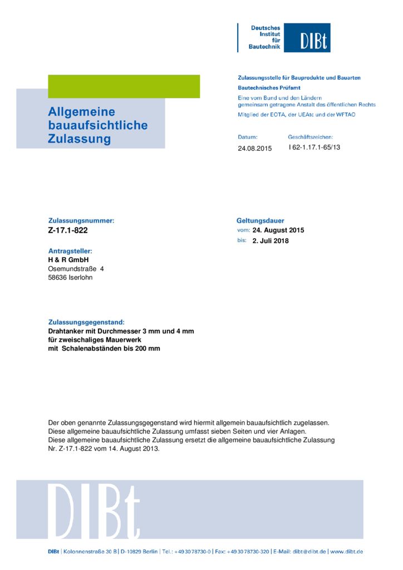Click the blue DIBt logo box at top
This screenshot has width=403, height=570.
coord(307,38)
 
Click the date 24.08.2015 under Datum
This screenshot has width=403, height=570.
coord(255,149)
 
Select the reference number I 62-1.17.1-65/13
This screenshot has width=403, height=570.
coord(314,148)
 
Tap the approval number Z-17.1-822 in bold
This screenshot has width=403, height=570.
coord(68,230)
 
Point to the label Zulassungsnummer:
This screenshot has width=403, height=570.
coord(81,220)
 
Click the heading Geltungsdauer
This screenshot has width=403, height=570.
coord(261,220)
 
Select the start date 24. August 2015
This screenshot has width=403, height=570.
coord(278,230)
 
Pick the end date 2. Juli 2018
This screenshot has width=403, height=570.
coord(271,241)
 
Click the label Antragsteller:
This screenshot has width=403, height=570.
coord(70,251)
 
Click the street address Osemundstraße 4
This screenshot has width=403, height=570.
coord(76,269)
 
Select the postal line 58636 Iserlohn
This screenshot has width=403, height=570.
coord(70,277)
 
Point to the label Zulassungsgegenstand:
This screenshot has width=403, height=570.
coord(86,322)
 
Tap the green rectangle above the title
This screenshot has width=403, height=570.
coord(124,86)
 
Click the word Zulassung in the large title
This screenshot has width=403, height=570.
coord(79,139)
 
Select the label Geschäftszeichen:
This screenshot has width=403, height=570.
coord(310,137)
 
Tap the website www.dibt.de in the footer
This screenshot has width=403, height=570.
coord(347,552)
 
